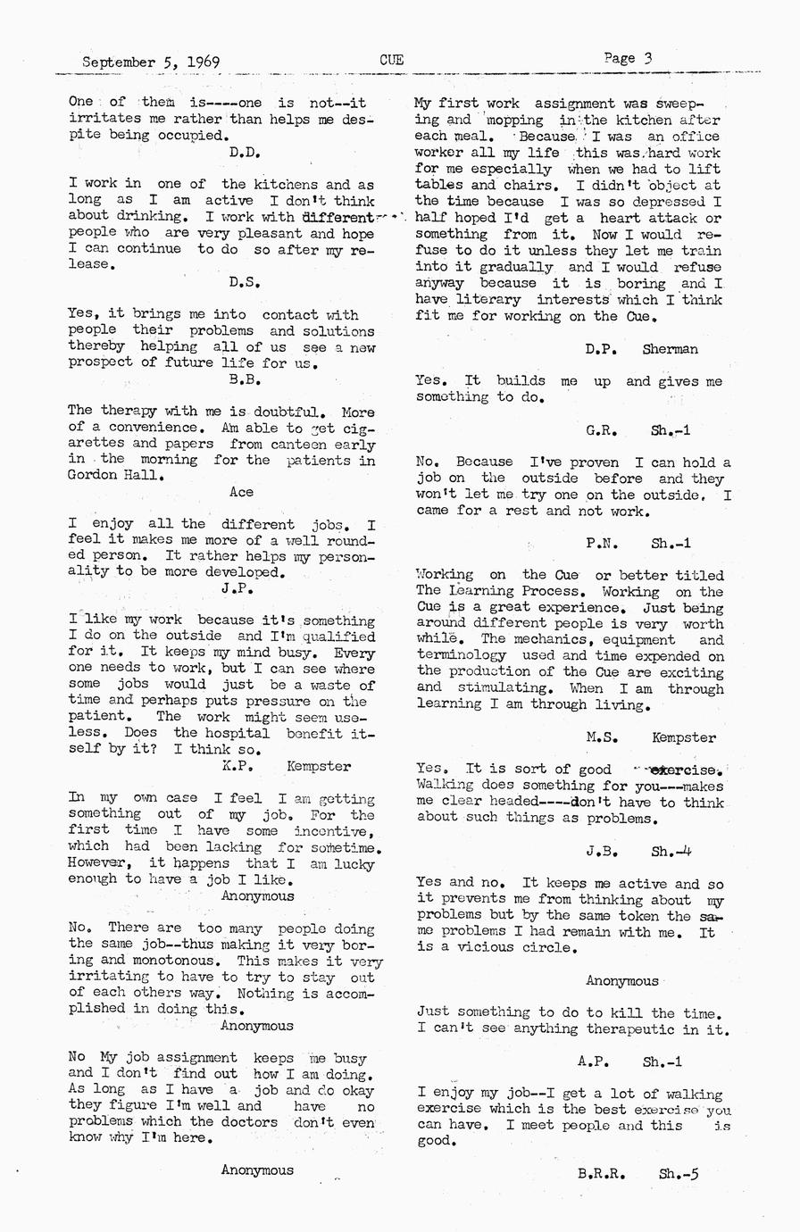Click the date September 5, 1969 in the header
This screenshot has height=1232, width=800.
click(151, 62)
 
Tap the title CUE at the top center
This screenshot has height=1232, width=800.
click(391, 61)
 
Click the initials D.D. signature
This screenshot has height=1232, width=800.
click(244, 153)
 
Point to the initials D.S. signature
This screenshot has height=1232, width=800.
click(244, 283)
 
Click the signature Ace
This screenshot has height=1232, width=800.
click(241, 492)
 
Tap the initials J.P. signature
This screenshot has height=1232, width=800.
click(238, 589)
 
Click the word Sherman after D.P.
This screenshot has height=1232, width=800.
click(670, 349)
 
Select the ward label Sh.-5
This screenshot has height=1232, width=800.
click(679, 1175)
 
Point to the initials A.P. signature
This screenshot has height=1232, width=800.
click(594, 1061)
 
